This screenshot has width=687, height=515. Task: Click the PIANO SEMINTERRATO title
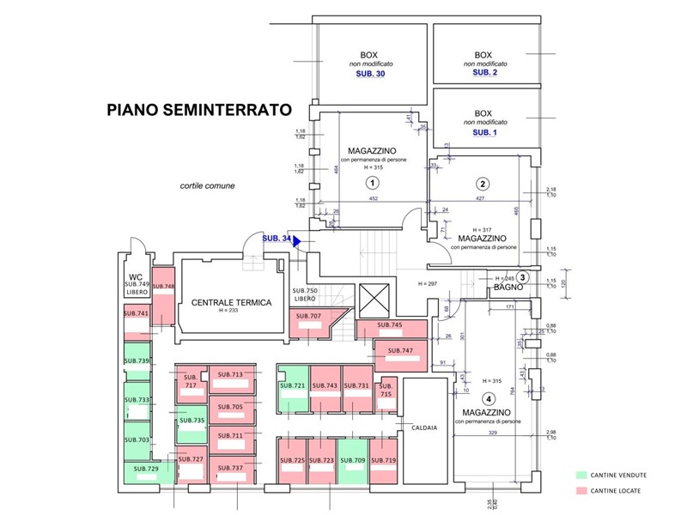coord(198,110)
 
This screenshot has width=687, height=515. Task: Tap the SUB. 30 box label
coord(370,75)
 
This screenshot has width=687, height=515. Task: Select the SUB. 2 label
coord(485,73)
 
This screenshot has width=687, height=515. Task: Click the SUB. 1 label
coord(485,132)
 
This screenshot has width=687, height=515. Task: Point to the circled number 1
coord(372,183)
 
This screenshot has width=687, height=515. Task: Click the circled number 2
coord(483,183)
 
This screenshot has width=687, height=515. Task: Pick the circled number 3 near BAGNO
coord(522,276)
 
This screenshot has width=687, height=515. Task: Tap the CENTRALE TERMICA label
coord(231,302)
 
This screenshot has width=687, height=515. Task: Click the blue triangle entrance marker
coord(295,242)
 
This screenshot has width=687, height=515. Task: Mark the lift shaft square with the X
coord(375,298)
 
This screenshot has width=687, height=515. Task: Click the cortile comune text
coord(207,185)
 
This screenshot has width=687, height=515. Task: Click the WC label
coord(136,276)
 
